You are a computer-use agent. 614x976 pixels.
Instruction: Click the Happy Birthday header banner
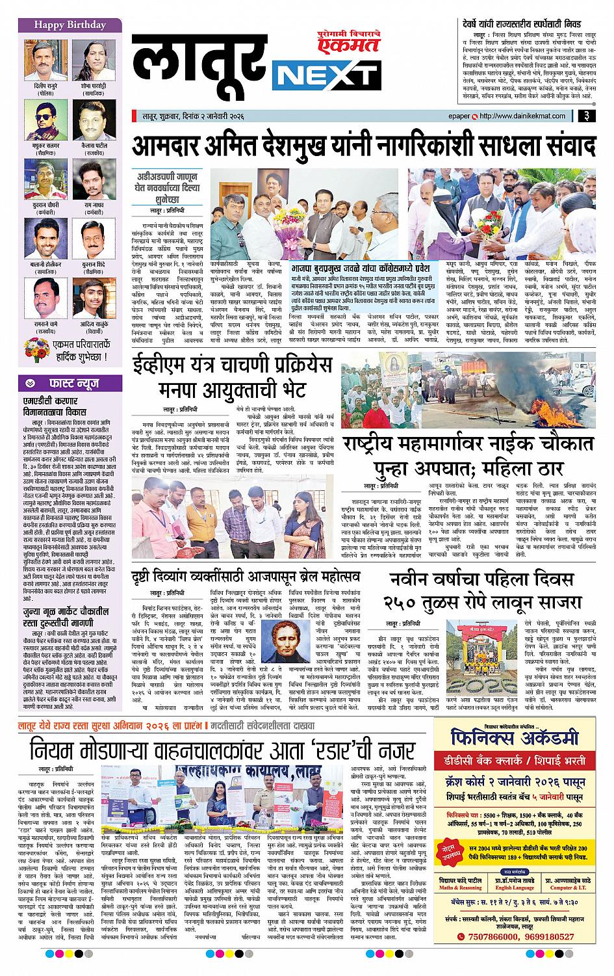(62, 25)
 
